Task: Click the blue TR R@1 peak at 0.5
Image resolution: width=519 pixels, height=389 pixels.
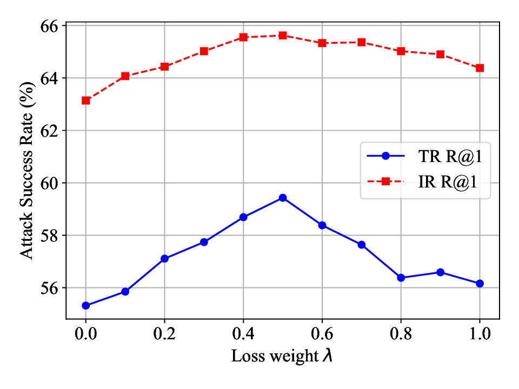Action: tap(282, 198)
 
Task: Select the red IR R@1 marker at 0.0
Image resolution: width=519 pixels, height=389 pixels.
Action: tap(85, 100)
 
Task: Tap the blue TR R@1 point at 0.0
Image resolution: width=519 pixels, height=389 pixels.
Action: tap(85, 305)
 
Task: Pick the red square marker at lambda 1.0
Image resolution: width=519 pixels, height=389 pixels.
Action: tap(480, 68)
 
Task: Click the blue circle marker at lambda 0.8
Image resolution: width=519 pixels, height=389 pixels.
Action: tap(401, 278)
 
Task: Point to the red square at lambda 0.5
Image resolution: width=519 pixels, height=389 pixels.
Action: tap(282, 35)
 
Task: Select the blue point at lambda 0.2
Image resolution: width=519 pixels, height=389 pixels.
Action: tap(164, 259)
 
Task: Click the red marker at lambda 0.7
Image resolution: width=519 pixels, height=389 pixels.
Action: tap(361, 42)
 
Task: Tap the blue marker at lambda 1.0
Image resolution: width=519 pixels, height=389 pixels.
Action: tap(480, 283)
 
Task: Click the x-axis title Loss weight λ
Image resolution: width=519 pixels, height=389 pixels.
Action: tap(282, 357)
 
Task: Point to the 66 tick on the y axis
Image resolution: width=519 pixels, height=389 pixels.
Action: tap(51, 26)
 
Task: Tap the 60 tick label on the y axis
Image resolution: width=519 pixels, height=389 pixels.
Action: tap(51, 183)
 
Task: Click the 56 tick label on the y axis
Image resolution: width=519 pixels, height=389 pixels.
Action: tap(51, 288)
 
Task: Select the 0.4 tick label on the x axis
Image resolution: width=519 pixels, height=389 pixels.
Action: tap(243, 333)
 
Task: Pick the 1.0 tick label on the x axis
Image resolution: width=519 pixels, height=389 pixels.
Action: tap(480, 333)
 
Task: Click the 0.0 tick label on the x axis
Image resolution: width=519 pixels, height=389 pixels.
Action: tap(85, 333)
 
